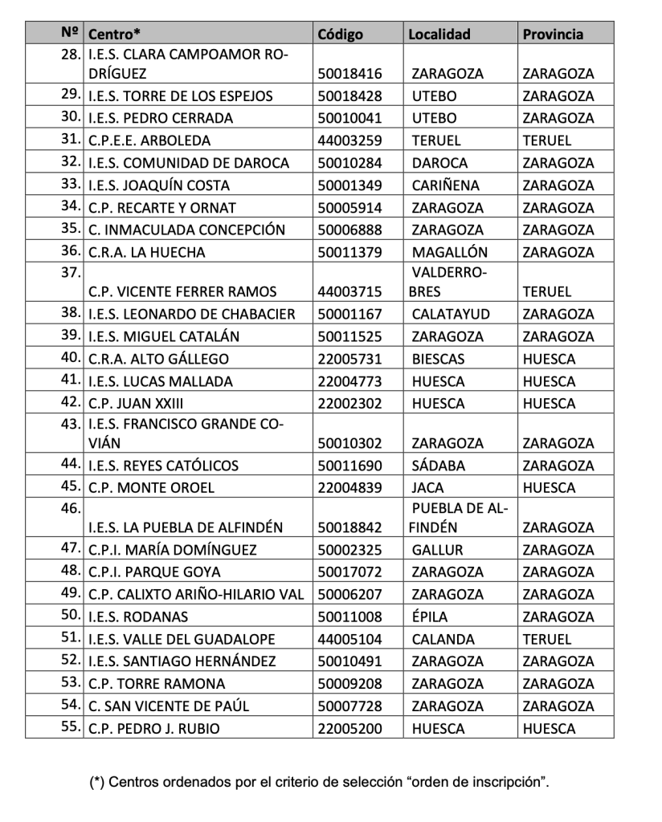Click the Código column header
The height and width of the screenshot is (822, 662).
point(341,34)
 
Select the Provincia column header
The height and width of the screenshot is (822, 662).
point(553,34)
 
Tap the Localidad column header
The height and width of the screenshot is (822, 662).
point(439,34)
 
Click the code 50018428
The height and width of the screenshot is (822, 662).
point(350,96)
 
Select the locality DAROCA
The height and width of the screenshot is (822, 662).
point(439,163)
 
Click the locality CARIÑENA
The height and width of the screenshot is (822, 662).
point(445,185)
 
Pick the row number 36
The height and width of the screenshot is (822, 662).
point(71,251)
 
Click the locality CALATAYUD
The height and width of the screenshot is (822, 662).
point(451,314)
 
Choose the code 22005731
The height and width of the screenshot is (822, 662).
point(350,359)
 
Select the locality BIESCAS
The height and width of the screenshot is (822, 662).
point(439,359)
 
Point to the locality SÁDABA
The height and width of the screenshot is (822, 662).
point(438,466)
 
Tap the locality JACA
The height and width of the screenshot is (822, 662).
point(427,487)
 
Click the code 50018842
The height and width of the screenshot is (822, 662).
point(350,527)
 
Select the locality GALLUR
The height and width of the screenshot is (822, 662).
point(438,550)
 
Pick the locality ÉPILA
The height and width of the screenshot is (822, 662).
point(430,617)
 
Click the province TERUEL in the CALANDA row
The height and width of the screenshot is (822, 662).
point(547,640)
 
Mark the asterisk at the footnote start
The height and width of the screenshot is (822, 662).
point(97,782)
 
